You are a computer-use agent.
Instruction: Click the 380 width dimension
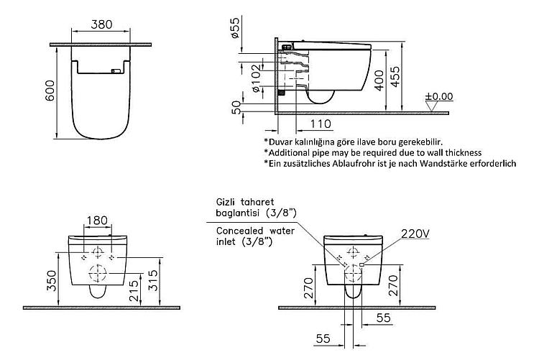101,24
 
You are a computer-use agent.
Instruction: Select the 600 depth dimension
50,91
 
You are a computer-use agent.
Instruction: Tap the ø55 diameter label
235,27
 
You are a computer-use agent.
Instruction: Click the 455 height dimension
395,76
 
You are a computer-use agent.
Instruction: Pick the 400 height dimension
379,80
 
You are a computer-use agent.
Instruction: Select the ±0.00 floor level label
439,96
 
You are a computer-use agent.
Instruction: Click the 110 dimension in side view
321,124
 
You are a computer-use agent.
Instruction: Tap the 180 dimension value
97,220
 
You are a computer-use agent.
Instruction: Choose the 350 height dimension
51,280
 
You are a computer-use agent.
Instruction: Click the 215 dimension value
134,290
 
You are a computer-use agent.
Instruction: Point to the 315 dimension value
153,280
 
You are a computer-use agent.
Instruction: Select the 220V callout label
415,234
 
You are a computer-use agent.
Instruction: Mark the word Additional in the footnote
285,152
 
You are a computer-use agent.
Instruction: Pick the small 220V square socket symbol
361,264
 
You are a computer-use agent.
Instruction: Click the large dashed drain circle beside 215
98,274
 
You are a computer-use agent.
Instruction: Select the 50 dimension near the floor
236,107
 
